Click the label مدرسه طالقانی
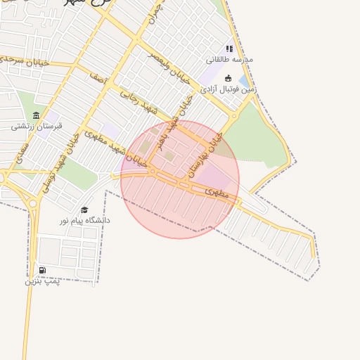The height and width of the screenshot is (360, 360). (x=229, y=60)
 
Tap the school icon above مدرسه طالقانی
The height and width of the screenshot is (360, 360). (x=229, y=49)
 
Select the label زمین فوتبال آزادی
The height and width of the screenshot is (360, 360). (x=228, y=89)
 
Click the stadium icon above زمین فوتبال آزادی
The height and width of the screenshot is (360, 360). (x=228, y=78)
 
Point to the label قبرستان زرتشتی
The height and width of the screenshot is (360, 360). (x=37, y=127)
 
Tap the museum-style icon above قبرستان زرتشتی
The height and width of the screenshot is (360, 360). (x=37, y=115)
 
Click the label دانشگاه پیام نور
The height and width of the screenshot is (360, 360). (x=85, y=221)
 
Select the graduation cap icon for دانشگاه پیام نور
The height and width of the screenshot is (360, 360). (x=84, y=210)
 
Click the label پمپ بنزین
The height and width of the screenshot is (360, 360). (x=43, y=281)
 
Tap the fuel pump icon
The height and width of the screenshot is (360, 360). (x=43, y=270)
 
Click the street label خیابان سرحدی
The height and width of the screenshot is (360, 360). (x=24, y=61)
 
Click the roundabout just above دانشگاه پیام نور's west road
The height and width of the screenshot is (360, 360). (x=33, y=204)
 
